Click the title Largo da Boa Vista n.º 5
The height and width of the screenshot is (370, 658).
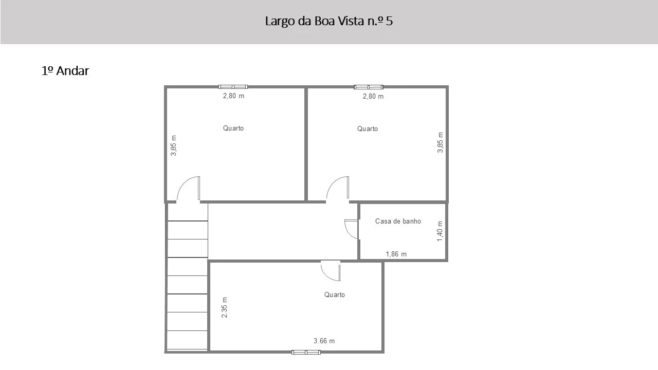(329, 21)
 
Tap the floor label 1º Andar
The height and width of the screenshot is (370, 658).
(65, 71)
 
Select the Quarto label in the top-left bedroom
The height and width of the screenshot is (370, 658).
(233, 128)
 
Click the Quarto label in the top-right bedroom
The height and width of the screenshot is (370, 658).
(368, 128)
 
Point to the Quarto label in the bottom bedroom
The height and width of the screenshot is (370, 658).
(335, 294)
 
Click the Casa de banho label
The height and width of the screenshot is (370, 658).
(398, 221)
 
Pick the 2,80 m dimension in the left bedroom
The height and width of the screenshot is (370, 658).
(233, 96)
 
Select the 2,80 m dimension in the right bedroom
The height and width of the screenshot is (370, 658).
(373, 97)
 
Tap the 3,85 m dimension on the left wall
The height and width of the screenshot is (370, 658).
(174, 145)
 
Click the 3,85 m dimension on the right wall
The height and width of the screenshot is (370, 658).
(440, 142)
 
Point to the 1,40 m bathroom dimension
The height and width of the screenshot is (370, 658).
(440, 231)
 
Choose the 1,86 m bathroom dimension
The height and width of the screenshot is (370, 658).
(396, 254)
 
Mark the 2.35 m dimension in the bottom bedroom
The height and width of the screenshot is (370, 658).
(225, 307)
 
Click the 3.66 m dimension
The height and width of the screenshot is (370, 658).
(324, 341)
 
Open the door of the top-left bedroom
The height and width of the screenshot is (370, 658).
(189, 189)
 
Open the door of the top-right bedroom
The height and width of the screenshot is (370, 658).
(338, 189)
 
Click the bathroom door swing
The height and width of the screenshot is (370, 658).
(351, 229)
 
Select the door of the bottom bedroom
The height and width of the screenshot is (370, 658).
(331, 270)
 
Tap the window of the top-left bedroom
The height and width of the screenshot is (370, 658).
(233, 87)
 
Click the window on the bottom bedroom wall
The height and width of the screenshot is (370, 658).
(306, 352)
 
